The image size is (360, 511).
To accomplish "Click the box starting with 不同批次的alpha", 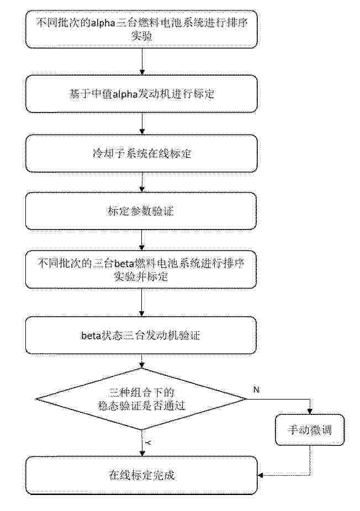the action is (141, 29).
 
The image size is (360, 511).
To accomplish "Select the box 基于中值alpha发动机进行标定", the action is (141, 94).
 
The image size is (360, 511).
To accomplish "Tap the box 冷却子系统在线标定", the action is (141, 153).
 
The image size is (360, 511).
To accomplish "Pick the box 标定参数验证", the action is (141, 211).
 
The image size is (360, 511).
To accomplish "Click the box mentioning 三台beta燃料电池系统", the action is (141, 269).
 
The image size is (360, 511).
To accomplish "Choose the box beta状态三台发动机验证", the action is (141, 336).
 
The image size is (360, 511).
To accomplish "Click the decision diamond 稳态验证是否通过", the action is (141, 399).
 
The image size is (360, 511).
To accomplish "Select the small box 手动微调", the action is (309, 430).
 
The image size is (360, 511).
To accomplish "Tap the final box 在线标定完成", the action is (141, 476).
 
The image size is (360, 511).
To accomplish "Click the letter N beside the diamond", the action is (256, 390).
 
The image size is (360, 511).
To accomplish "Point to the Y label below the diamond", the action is (148, 443).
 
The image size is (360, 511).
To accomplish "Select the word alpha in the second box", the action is (125, 94).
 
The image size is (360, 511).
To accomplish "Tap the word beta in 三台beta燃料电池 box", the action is (124, 264).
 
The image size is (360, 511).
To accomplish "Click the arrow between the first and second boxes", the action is (142, 62).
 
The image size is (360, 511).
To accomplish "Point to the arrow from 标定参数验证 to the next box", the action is (142, 240).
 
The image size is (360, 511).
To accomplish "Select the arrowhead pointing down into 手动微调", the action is (310, 411).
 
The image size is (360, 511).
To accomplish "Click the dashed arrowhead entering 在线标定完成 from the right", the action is (261, 476).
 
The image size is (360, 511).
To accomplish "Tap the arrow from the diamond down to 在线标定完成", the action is (142, 443).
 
